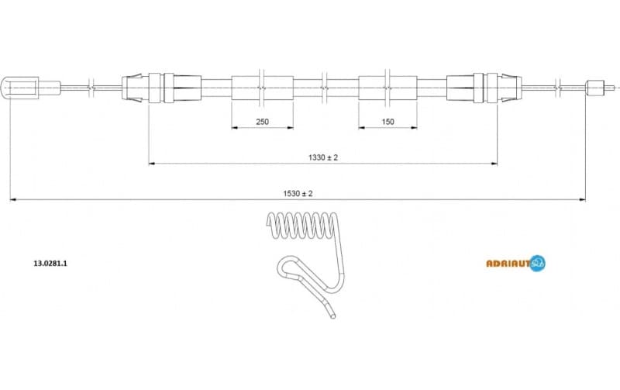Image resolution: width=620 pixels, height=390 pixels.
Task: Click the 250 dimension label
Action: [263, 122]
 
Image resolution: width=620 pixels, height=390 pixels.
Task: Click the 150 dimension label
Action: [388, 122]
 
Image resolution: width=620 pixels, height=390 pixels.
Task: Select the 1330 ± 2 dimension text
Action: [323, 157]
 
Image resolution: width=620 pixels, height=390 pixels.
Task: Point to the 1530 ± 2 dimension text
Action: [298, 194]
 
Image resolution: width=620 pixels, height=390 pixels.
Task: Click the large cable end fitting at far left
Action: [22, 88]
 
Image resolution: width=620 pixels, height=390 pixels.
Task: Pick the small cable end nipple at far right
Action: [595, 88]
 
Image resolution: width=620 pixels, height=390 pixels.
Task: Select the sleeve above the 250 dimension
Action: [263, 88]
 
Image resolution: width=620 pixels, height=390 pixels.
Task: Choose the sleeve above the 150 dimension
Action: [388, 88]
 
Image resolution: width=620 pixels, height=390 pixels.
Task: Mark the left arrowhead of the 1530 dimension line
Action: [12, 200]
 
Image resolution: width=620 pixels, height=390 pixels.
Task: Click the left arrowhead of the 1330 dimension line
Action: [152, 164]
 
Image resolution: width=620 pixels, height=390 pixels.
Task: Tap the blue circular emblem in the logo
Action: [538, 263]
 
